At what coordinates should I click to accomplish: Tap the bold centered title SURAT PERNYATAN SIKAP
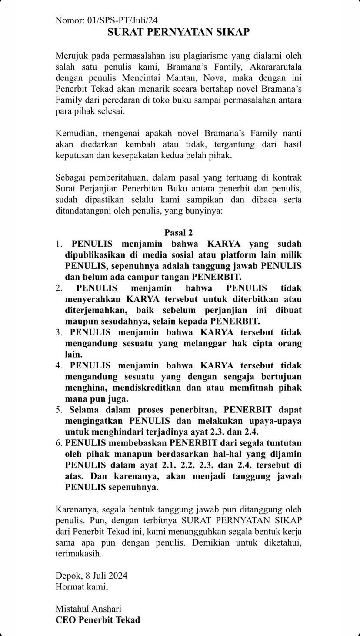[179, 32]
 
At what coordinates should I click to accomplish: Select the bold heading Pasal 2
[178, 233]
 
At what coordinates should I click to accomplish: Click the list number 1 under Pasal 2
[59, 244]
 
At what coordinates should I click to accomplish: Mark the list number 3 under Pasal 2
[59, 332]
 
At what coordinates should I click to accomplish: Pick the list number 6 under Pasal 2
[59, 443]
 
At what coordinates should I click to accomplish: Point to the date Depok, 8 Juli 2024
[91, 576]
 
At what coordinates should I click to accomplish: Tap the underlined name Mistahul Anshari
[88, 609]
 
